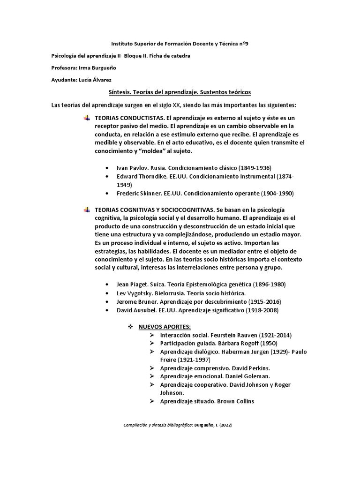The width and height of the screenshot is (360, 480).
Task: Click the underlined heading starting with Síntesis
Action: click(180, 92)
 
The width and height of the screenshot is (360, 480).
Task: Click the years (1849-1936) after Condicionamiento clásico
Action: click(253, 168)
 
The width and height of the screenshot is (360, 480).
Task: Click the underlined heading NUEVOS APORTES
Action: click(165, 326)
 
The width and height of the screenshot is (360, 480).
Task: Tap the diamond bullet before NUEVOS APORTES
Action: click(131, 326)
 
